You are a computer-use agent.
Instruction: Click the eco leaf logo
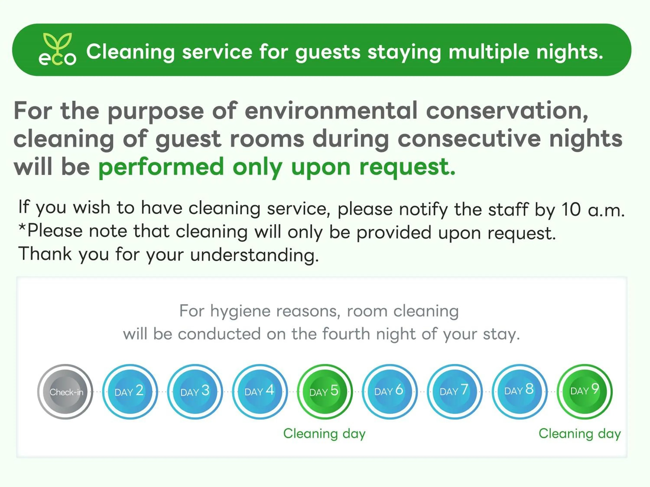tap(57, 49)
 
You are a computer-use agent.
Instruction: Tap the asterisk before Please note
tap(22, 227)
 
